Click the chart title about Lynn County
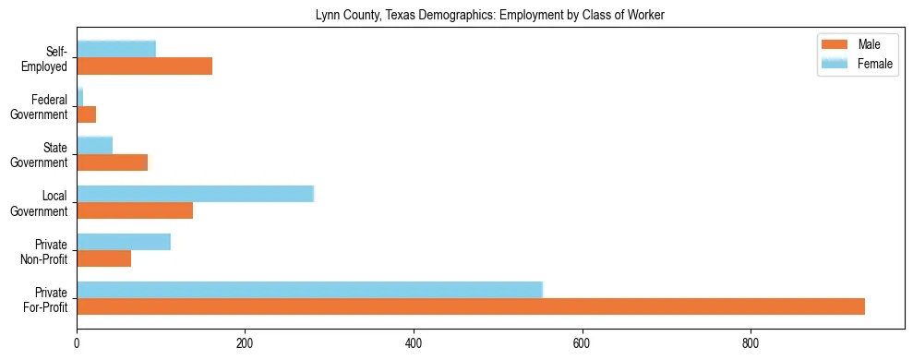pyautogui.click(x=489, y=15)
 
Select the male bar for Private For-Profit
pyautogui.click(x=470, y=306)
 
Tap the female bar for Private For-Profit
pyautogui.click(x=309, y=289)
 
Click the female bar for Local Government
pyautogui.click(x=195, y=193)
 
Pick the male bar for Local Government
pyautogui.click(x=135, y=210)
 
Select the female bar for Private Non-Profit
pyautogui.click(x=124, y=242)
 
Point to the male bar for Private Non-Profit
pyautogui.click(x=103, y=258)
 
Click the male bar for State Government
pyautogui.click(x=112, y=162)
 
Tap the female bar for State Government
pyautogui.click(x=94, y=145)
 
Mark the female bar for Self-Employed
pyautogui.click(x=116, y=49)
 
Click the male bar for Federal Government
pyautogui.click(x=86, y=114)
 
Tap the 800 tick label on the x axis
pyautogui.click(x=751, y=343)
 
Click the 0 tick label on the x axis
pyautogui.click(x=77, y=343)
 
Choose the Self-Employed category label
pyautogui.click(x=48, y=58)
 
